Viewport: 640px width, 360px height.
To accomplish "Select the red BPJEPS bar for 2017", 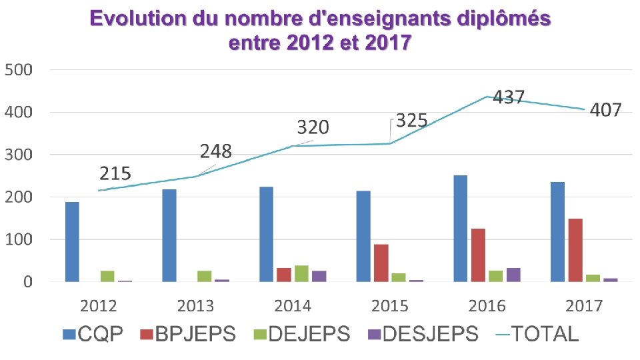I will (575, 250).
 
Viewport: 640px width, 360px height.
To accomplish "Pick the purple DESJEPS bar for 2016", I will (513, 275).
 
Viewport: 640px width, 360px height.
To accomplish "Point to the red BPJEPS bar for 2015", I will (381, 263).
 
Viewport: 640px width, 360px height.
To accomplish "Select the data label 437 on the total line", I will (509, 97).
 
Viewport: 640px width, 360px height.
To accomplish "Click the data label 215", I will (115, 174).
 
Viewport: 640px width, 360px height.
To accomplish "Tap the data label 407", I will (606, 109).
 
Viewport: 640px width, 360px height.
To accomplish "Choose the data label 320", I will (313, 127).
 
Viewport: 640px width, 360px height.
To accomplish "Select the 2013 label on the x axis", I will (195, 306).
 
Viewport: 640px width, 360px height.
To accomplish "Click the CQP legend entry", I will (93, 333).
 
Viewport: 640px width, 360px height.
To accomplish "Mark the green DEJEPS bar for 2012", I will (107, 276).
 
